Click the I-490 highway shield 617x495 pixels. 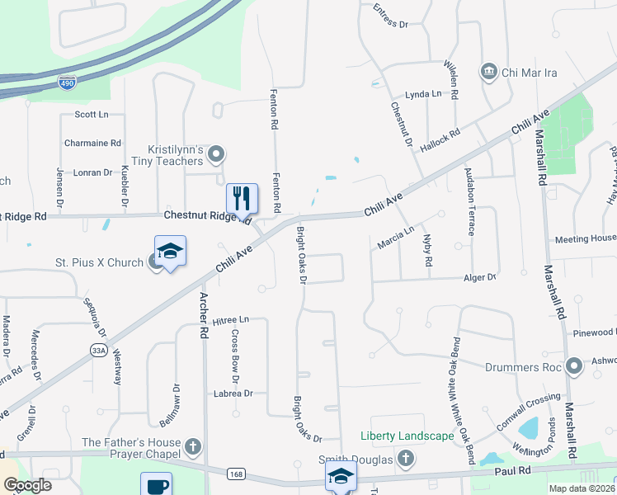click(x=68, y=82)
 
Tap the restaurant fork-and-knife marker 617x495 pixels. click(x=242, y=198)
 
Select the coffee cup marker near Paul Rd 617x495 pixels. click(x=156, y=485)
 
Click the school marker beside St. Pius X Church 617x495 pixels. click(x=170, y=251)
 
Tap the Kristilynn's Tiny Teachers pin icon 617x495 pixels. click(x=216, y=153)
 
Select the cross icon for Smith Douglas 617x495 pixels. click(x=406, y=458)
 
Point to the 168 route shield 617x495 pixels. click(x=237, y=473)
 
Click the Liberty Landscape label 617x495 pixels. click(x=407, y=436)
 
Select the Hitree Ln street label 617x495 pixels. click(x=230, y=320)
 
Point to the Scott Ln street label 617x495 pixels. click(x=91, y=115)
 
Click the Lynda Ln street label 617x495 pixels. click(x=423, y=95)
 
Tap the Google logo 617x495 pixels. click(x=27, y=485)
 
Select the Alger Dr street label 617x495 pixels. click(x=481, y=278)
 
